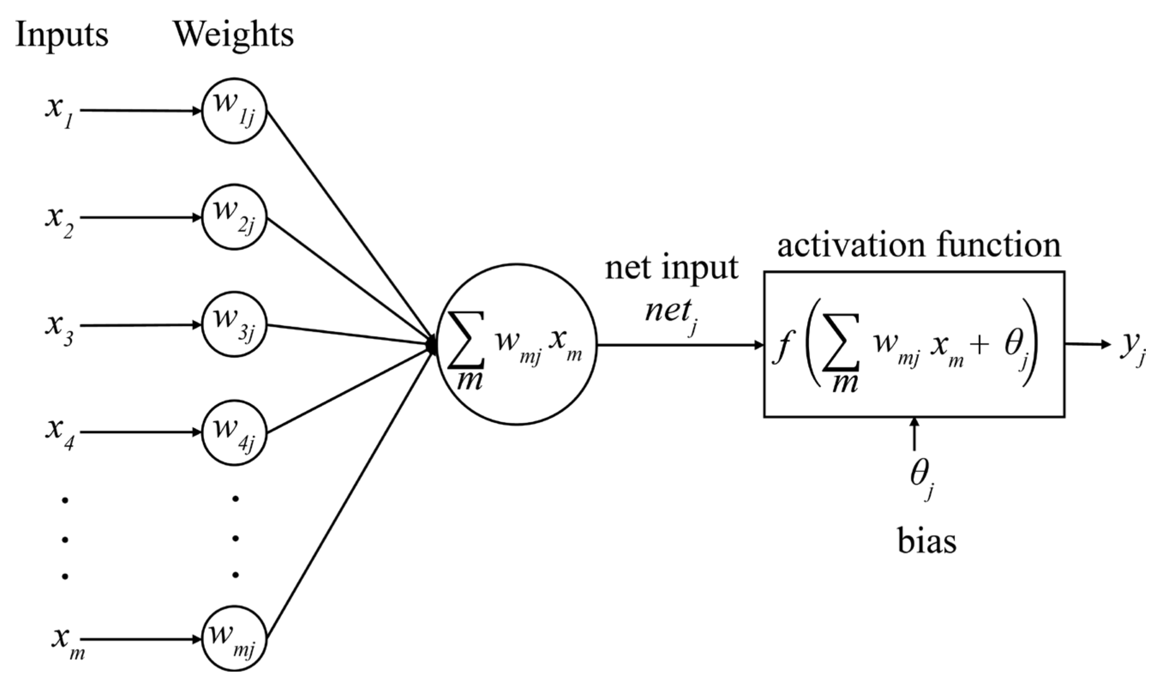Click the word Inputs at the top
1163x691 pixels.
[x=61, y=35]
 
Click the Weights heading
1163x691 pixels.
[x=234, y=35]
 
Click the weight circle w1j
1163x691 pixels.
[x=234, y=111]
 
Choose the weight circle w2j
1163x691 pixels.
[x=234, y=218]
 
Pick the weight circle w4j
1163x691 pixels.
[x=234, y=433]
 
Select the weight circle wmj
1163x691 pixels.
[x=234, y=639]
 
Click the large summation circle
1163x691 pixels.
[x=516, y=345]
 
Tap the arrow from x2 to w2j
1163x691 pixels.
[x=139, y=218]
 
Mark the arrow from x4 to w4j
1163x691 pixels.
[x=139, y=432]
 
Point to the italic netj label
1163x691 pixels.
[x=670, y=313]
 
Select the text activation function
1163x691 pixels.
[x=919, y=245]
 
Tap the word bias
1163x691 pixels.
[x=927, y=542]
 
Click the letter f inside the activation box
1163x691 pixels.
[x=783, y=347]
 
